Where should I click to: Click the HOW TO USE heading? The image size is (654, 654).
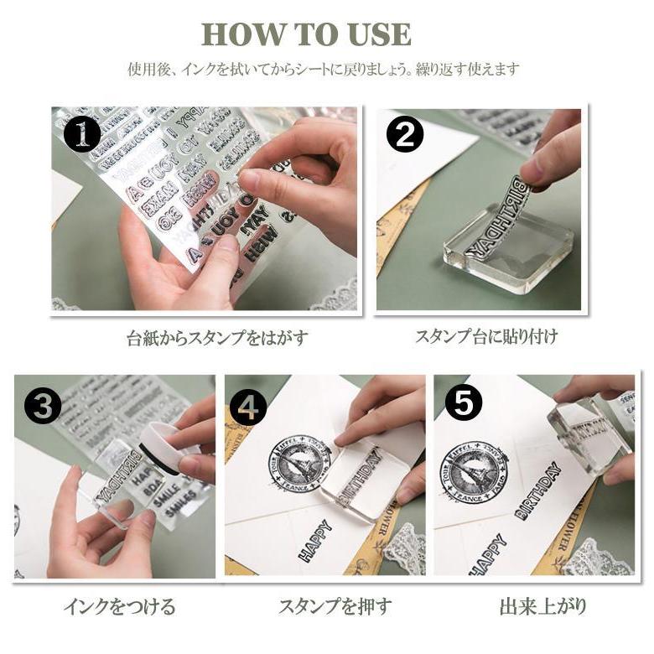click(x=306, y=34)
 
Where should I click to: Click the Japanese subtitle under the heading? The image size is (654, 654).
click(x=324, y=70)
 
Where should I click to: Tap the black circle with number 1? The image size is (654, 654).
click(x=82, y=134)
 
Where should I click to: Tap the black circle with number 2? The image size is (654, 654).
click(x=405, y=134)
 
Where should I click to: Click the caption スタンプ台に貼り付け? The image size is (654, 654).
click(x=485, y=337)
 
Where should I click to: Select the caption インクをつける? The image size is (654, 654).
click(x=120, y=606)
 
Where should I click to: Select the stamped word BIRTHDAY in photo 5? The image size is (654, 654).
click(x=544, y=494)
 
